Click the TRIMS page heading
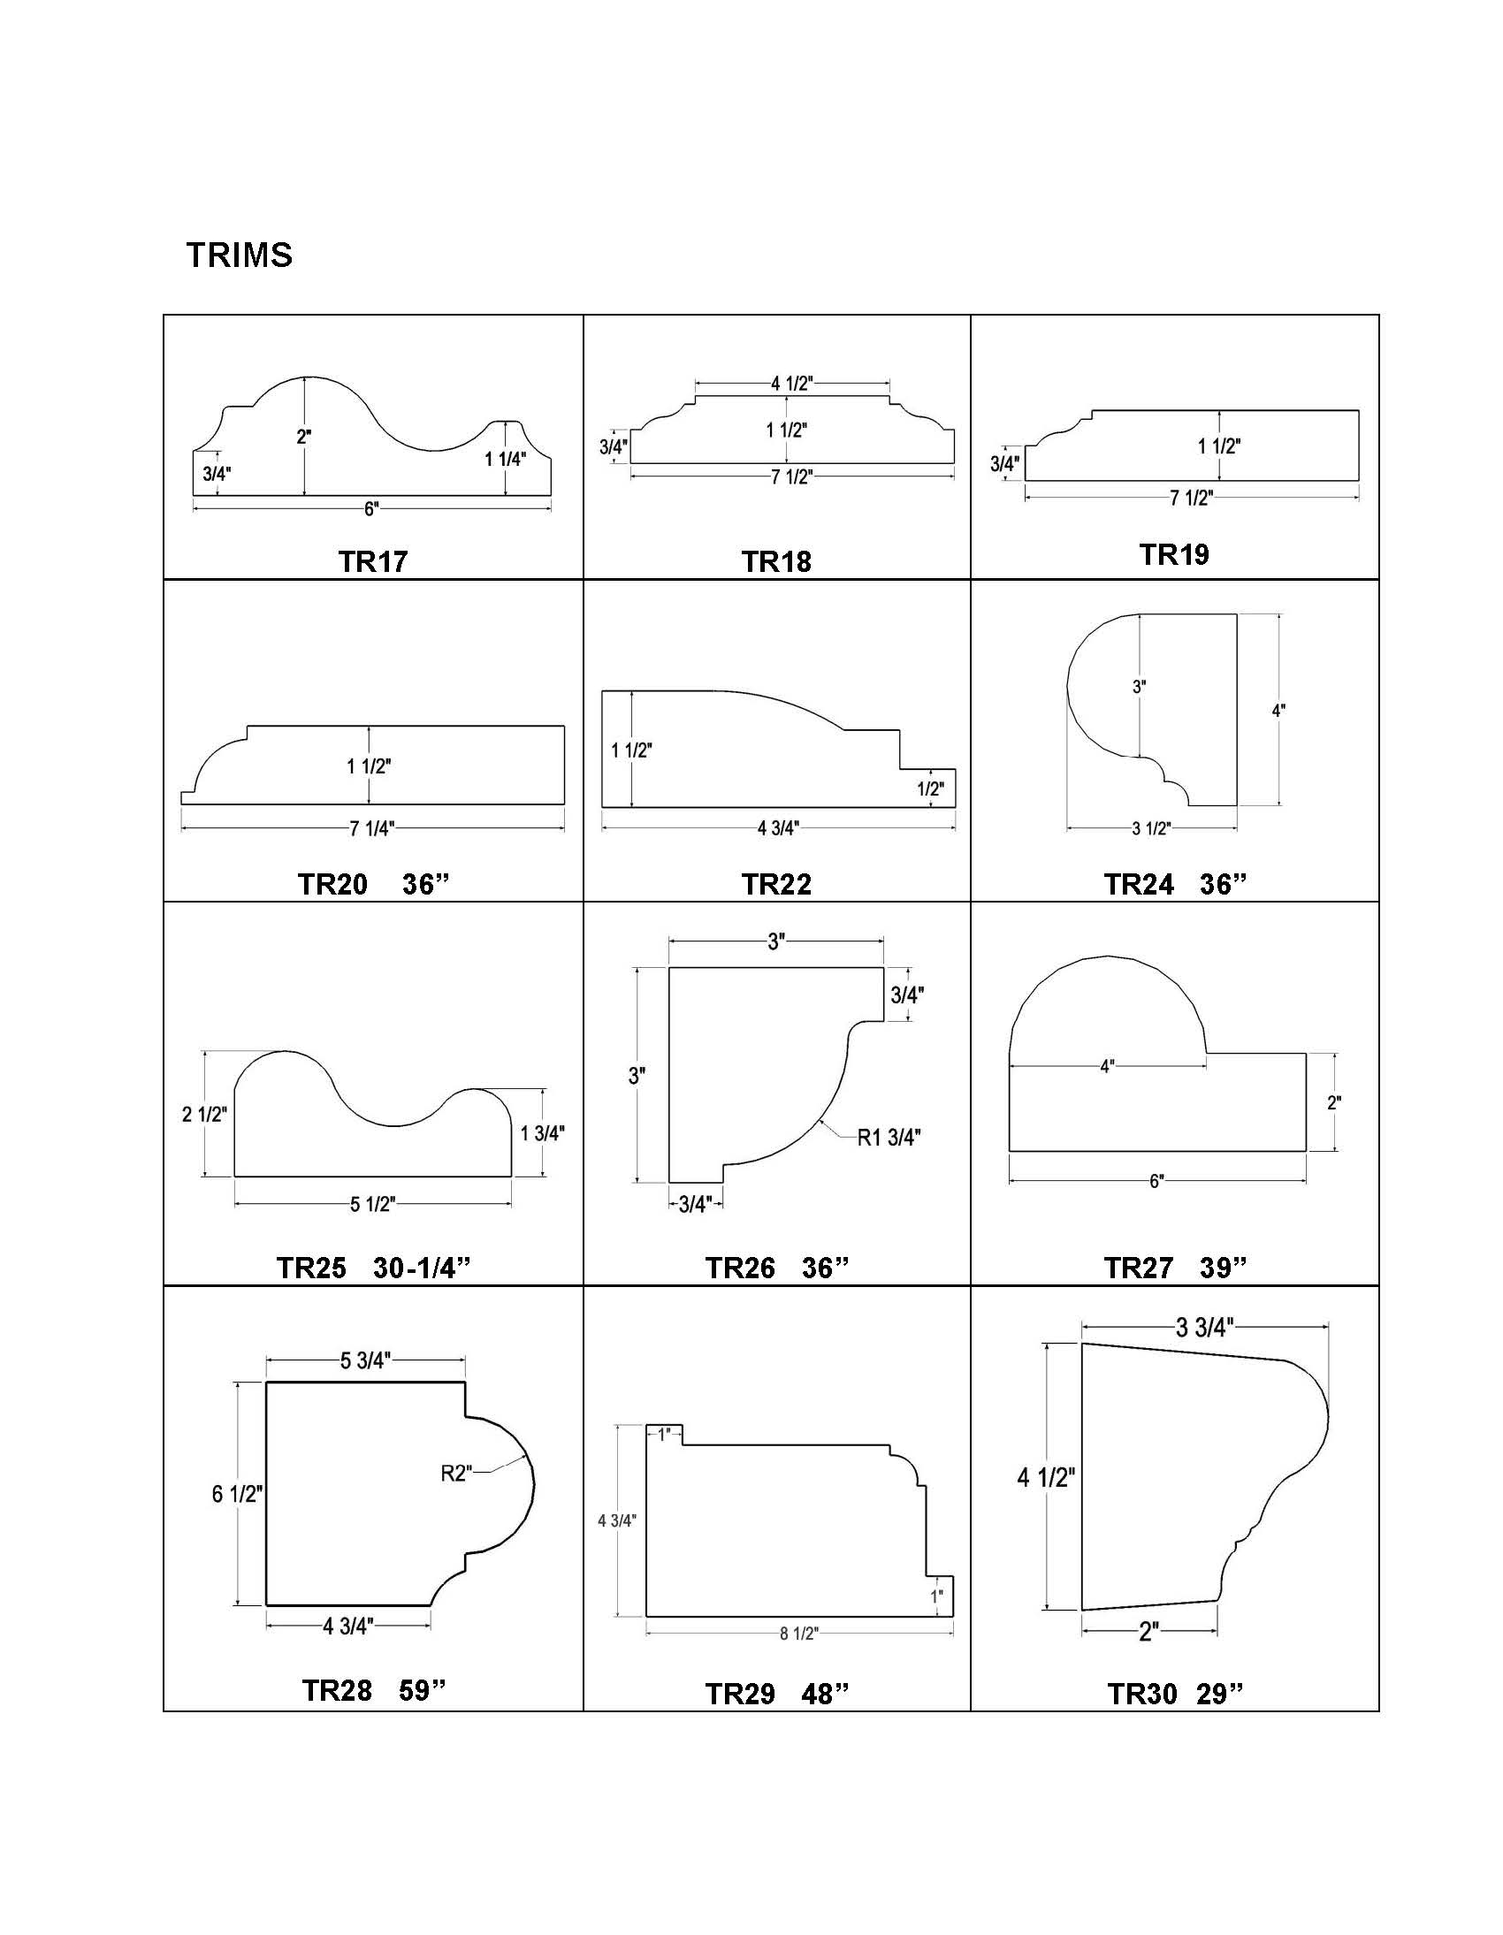tap(240, 255)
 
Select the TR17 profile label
tap(373, 561)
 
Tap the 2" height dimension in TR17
tap(304, 437)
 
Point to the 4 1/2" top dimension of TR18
tap(791, 383)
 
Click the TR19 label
tap(1173, 554)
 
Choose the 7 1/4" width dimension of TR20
tap(371, 828)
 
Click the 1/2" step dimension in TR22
tap(930, 788)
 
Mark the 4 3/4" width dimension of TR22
tap(778, 828)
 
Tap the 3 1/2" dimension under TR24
tap(1151, 828)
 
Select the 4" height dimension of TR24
tap(1278, 711)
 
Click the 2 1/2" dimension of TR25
tap(205, 1115)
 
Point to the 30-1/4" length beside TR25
tap(421, 1268)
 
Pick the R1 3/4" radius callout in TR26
tap(889, 1139)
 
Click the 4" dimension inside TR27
tap(1107, 1067)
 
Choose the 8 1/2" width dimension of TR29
tap(798, 1634)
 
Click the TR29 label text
tap(740, 1694)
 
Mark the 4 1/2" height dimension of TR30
tap(1046, 1477)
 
